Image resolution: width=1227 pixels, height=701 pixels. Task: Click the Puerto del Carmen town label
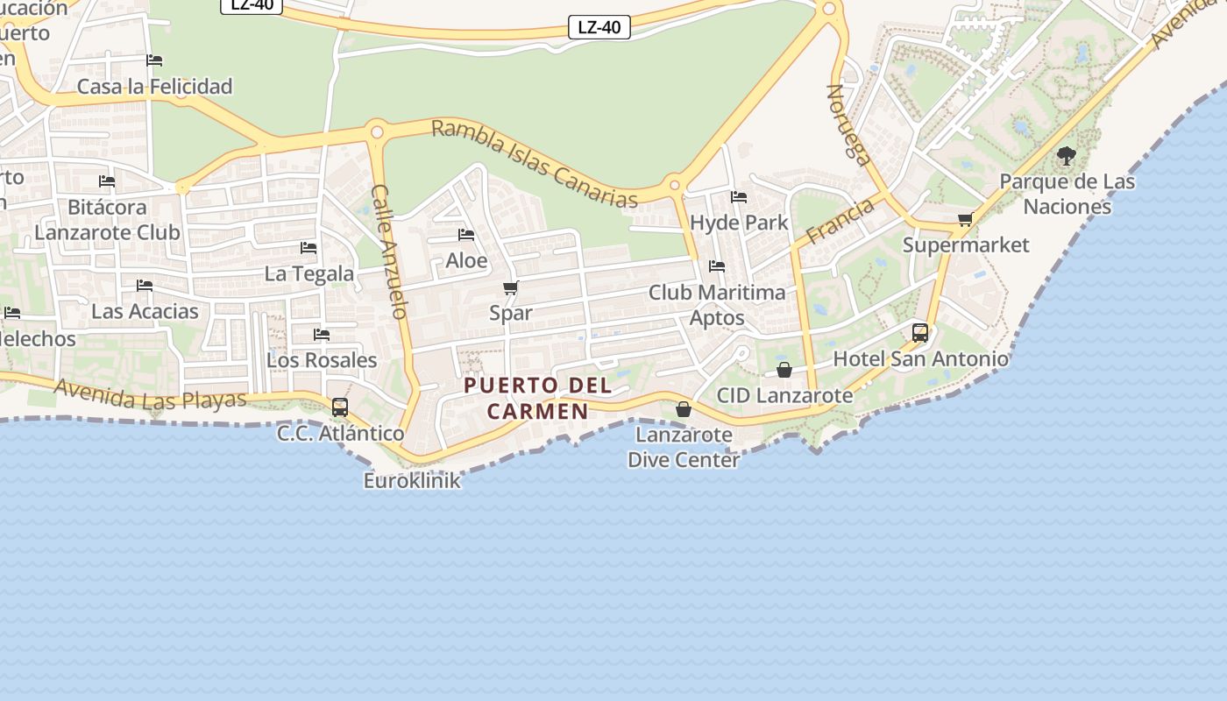point(537,398)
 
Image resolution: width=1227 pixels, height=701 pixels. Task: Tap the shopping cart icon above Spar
point(511,287)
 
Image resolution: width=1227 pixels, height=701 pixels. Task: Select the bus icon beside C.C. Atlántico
point(340,407)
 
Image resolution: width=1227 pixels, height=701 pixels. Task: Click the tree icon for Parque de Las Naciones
point(1067,157)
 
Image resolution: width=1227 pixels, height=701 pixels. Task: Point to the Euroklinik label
point(412,480)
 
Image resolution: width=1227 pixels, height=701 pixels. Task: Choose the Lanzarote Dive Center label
point(684,447)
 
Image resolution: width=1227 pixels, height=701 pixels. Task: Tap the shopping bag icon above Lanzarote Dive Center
point(684,409)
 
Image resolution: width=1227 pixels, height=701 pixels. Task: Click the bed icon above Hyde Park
point(739,197)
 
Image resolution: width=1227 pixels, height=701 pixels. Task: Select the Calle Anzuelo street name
point(390,251)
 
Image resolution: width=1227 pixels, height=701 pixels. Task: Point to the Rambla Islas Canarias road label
point(535,164)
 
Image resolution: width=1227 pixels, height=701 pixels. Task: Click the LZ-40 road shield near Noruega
point(599,27)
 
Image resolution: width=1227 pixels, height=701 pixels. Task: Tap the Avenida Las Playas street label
point(150,394)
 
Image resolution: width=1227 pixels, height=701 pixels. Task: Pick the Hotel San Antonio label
point(920,358)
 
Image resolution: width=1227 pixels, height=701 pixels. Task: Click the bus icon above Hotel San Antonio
point(920,333)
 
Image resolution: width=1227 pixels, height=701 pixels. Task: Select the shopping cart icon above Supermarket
point(965,219)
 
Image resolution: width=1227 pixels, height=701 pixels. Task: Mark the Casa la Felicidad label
point(155,86)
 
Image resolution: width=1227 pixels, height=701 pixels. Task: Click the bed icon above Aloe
point(466,235)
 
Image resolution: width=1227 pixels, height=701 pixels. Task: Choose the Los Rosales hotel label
point(322,360)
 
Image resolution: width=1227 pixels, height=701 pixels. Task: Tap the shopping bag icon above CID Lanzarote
point(784,371)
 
